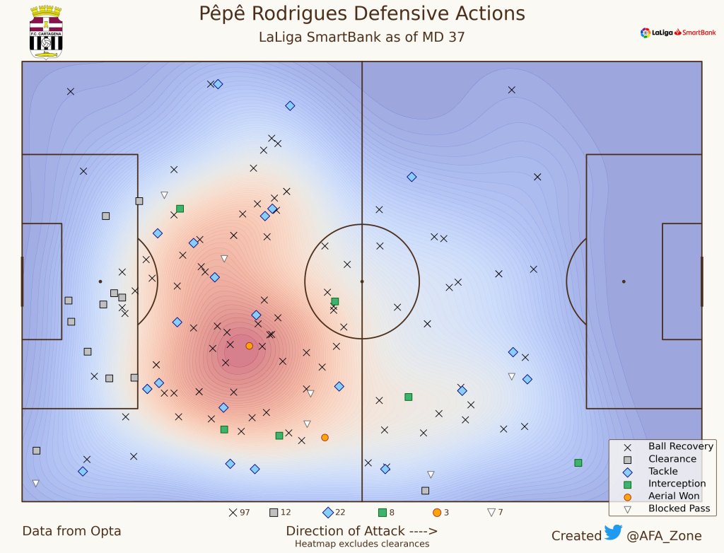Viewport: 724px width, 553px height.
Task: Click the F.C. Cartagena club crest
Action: coord(46,32)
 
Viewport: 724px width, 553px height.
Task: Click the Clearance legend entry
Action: coord(662,459)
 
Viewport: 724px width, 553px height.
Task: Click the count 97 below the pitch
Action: coord(245,513)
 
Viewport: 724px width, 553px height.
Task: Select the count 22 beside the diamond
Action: coord(341,513)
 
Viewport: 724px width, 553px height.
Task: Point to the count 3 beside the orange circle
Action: coord(446,513)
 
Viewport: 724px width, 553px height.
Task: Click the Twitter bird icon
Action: coord(612,534)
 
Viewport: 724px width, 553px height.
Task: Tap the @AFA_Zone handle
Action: coord(664,536)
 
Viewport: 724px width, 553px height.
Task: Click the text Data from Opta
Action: coord(71,531)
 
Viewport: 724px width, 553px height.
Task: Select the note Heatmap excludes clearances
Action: coord(361,545)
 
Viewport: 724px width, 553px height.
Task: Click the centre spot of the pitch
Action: coord(362,281)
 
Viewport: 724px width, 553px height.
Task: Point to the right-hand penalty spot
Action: coord(624,281)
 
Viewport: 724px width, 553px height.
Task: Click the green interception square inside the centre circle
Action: coord(335,301)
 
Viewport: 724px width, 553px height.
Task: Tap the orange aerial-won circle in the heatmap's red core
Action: coord(249,346)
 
